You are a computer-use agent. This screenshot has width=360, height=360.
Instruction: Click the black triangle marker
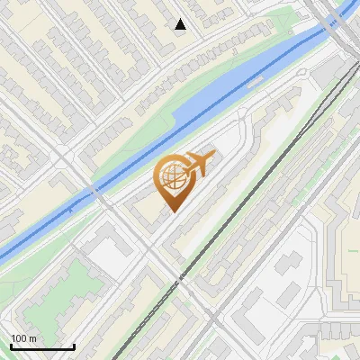pyautogui.click(x=181, y=24)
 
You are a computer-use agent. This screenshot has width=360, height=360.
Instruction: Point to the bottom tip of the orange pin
pyautogui.click(x=171, y=211)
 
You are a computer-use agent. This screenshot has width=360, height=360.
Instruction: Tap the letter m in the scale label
pyautogui.click(x=33, y=337)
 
